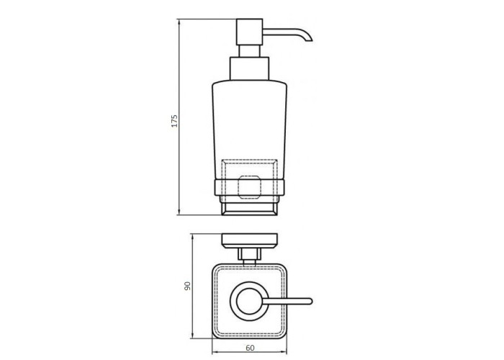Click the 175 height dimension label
point(174,121)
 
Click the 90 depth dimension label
point(187,286)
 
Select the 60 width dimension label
point(250,348)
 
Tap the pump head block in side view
point(249,32)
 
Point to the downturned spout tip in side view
point(309,40)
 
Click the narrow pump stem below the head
point(249,51)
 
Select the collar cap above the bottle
point(249,68)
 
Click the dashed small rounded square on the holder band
point(249,187)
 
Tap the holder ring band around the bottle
point(249,188)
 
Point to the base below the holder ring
point(249,208)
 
